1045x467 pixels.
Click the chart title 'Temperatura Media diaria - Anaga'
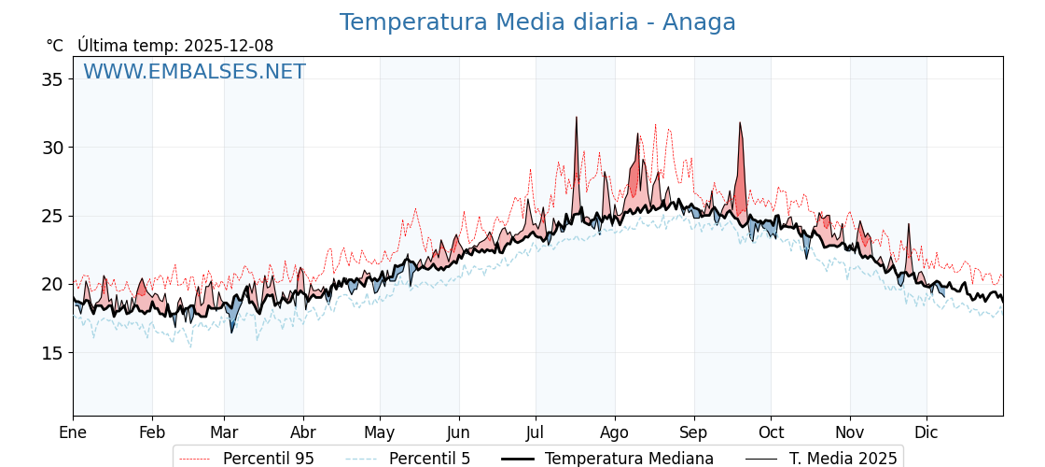pos(537,22)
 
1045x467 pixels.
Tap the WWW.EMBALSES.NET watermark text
pos(194,72)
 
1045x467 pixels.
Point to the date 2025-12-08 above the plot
pos(229,46)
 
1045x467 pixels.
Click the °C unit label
pos(54,46)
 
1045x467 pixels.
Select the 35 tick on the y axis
pos(52,79)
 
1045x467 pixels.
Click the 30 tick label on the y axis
pos(52,148)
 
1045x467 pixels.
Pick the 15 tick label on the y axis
pos(52,353)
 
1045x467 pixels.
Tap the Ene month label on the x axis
pos(73,432)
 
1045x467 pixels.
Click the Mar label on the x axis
pos(224,432)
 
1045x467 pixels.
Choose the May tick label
pos(380,432)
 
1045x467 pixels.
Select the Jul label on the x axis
pos(536,432)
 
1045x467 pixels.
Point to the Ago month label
pos(615,432)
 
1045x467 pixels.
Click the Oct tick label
pos(771,432)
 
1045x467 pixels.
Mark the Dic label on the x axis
pos(927,432)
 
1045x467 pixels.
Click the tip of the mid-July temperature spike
pos(577,118)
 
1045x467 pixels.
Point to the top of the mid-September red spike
pos(740,122)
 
